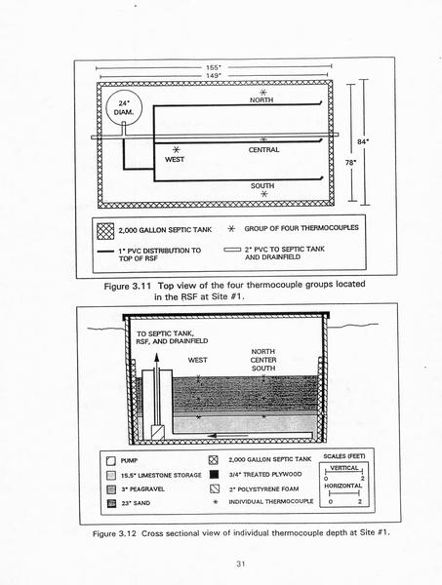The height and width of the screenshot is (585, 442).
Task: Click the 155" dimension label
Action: pos(214,67)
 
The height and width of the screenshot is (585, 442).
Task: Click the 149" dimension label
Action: pos(214,76)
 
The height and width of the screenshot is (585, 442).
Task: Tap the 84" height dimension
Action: pos(361,141)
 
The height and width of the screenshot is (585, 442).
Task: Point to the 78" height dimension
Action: pos(349,162)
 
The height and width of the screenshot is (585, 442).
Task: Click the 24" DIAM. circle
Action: pos(124,107)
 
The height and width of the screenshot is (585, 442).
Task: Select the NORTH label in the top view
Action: pos(261,100)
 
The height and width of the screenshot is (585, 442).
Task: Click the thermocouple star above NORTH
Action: pos(263,92)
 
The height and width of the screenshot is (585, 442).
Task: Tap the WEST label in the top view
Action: pos(175,159)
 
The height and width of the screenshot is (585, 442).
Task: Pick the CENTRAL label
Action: pos(263,150)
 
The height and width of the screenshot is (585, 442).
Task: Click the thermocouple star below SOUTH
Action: pos(263,194)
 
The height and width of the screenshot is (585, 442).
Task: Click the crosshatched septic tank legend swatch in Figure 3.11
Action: pos(105,231)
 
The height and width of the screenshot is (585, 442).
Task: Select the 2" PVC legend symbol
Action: pos(232,250)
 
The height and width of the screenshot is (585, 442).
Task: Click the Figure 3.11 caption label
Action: pos(127,287)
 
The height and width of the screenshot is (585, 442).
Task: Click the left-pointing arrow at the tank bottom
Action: pos(227,436)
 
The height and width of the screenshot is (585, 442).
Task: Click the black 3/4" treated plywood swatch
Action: pos(214,475)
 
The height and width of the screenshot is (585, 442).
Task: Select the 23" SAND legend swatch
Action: pos(111,503)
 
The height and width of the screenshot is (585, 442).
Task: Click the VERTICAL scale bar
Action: pos(343,472)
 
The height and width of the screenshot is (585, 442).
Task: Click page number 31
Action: pos(240,565)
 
